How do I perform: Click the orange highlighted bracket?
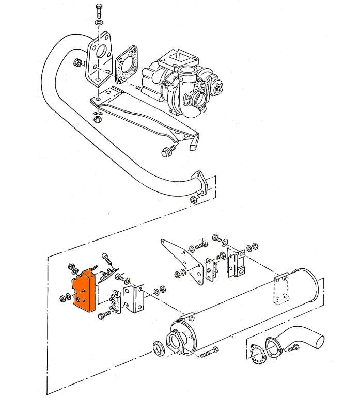coord(81,290)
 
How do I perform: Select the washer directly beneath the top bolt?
coord(99,24)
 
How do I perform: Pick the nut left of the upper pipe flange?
coord(77,62)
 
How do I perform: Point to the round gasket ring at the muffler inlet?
coord(159,348)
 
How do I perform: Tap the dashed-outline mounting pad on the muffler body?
coord(281,291)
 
